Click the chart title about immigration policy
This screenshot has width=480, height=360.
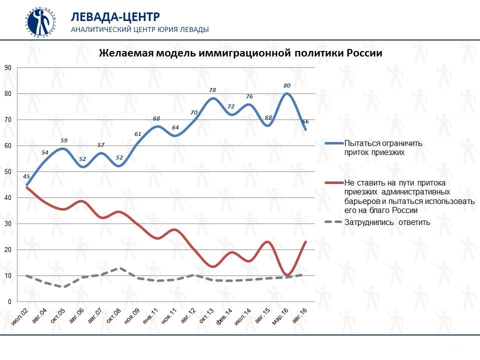[240, 53]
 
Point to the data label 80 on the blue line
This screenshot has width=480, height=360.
[286, 85]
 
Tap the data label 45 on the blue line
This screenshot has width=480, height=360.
[26, 176]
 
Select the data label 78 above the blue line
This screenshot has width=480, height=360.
[212, 90]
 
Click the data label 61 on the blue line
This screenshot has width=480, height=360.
[138, 134]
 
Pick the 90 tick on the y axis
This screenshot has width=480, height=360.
[7, 67]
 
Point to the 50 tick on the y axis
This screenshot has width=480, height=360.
[7, 171]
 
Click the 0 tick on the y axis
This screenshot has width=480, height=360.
[9, 301]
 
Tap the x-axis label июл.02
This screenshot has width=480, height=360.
[20, 318]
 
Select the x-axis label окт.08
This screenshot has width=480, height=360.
[114, 318]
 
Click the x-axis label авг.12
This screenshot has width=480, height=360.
[188, 318]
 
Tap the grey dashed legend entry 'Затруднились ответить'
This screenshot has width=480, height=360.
[386, 222]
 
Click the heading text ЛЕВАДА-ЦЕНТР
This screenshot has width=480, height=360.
[108, 16]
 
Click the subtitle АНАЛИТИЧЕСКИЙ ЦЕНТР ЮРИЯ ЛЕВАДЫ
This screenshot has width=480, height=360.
[140, 29]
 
